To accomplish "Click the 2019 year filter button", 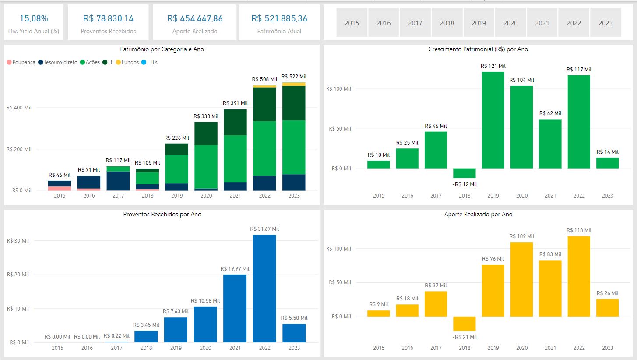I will tap(479, 23).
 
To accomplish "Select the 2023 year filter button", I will tap(605, 23).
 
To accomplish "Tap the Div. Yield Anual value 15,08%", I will tap(34, 18).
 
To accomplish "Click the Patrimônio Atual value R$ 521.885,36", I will tap(279, 18).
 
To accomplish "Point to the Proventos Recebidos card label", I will tap(108, 31).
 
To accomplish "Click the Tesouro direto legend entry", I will tap(60, 62).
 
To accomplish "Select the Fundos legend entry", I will tap(130, 62).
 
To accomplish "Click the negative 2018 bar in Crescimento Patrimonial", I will tap(465, 173).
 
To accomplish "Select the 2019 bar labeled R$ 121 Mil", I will tap(493, 120).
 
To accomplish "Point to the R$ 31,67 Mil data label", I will tap(264, 229).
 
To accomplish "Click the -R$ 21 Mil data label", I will tap(465, 337).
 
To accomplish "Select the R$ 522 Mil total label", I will tap(294, 77).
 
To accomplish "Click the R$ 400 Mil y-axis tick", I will tap(19, 108).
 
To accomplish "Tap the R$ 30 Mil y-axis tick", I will tap(18, 240).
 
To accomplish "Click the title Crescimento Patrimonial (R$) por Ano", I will tap(478, 49).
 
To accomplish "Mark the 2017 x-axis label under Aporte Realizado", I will tap(436, 348).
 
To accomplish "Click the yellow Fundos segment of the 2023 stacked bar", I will tap(294, 84).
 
